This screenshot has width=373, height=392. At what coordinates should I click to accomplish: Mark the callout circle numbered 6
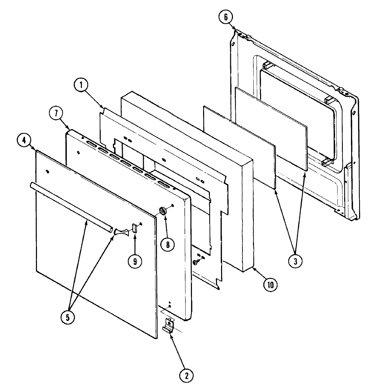[226, 17]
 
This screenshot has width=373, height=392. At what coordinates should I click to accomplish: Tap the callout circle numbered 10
[270, 284]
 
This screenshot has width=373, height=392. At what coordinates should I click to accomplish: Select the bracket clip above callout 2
[169, 325]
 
